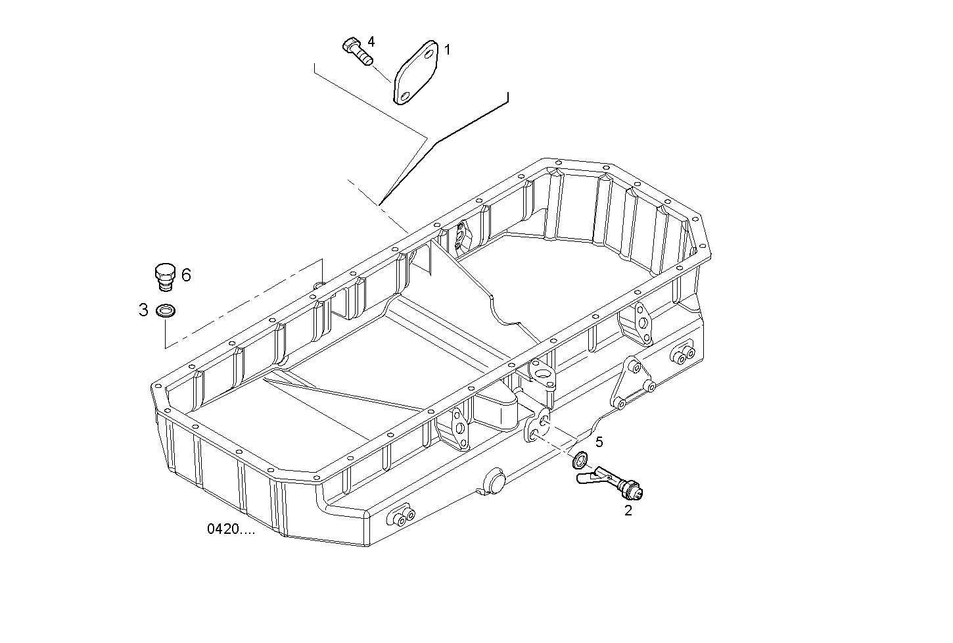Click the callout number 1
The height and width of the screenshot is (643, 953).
pyautogui.click(x=447, y=49)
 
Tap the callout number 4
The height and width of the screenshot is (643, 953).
pyautogui.click(x=371, y=42)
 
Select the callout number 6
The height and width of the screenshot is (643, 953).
pyautogui.click(x=186, y=275)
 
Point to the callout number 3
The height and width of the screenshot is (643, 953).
pyautogui.click(x=143, y=310)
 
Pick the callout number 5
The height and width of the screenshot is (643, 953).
pyautogui.click(x=599, y=442)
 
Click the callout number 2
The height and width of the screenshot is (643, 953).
pyautogui.click(x=628, y=510)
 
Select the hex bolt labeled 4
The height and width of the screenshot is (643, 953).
pyautogui.click(x=358, y=52)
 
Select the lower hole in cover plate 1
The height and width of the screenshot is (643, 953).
pyautogui.click(x=404, y=96)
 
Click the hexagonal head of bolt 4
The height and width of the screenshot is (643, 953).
pyautogui.click(x=350, y=46)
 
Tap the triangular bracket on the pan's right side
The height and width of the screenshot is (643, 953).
pyautogui.click(x=630, y=385)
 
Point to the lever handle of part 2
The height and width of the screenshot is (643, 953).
pyautogui.click(x=588, y=476)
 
